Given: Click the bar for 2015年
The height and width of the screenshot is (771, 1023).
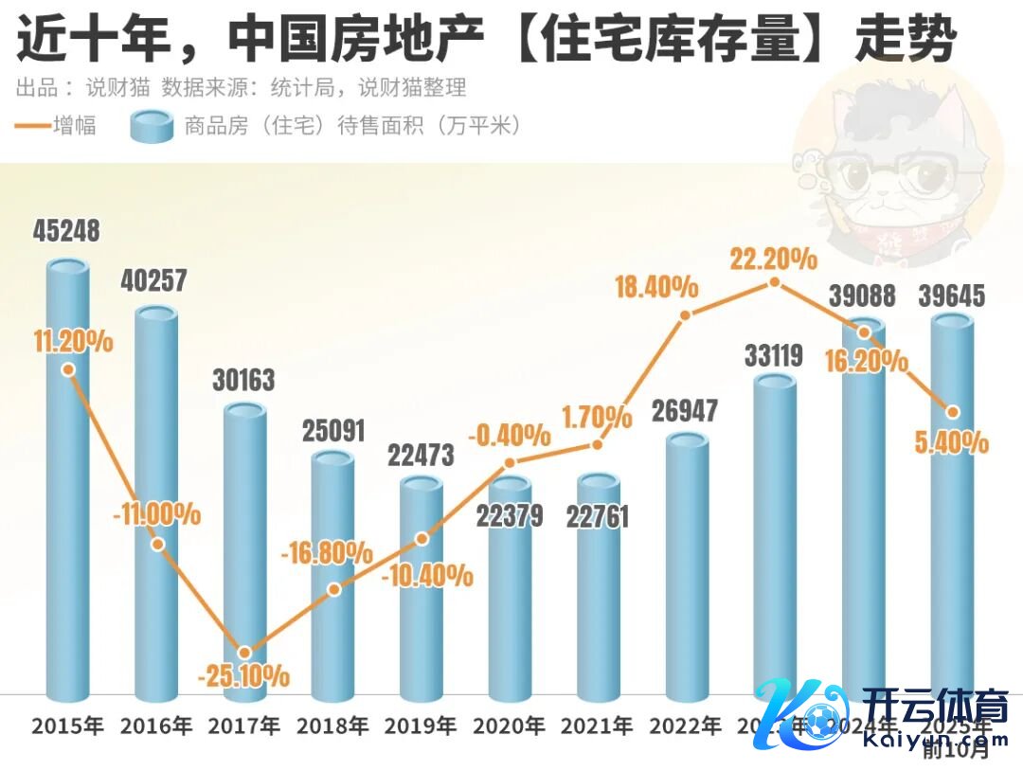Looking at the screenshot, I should tap(68, 493).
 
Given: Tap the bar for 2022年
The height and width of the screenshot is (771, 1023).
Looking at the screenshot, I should tap(688, 568).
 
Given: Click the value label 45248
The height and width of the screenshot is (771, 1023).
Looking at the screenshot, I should tap(66, 231).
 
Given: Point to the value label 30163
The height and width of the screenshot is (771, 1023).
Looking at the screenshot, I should tap(242, 380).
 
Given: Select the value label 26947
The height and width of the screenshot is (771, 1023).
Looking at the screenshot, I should tap(685, 411).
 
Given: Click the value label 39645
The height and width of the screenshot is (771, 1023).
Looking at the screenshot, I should tap(952, 296).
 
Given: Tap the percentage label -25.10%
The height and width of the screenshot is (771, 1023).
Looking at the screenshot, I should tap(243, 676).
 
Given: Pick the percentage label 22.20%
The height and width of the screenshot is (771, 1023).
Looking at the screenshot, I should tap(774, 258).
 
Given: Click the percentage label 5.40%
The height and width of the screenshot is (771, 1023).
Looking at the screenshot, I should tap(953, 441).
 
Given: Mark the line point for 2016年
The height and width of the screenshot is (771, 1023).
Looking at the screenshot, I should tap(157, 544).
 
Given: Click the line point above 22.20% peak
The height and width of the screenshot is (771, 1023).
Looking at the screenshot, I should tap(774, 282).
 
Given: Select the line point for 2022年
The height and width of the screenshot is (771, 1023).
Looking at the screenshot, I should tap(687, 314).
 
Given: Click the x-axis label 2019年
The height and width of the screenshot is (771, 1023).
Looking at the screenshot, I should tap(421, 726).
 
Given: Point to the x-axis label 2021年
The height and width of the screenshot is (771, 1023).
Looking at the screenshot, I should tap(597, 726).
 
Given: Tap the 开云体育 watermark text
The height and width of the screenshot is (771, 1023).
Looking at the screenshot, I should tap(934, 708).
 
